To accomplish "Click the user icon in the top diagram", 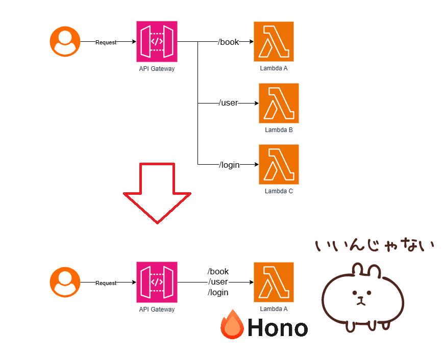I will coord(65,42).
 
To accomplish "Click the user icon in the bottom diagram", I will coord(65,282).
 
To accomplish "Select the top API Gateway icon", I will coord(157,41).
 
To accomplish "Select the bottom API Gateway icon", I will coord(157,282).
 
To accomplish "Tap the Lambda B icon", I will coord(279,104).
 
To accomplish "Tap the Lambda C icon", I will coord(279,165).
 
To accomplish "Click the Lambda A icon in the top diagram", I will coord(274,41).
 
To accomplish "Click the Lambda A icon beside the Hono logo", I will coord(274,282).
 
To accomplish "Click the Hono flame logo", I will coord(232,325).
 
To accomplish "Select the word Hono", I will coord(278,328).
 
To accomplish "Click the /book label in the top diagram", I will coord(229,42).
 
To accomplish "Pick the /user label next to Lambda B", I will coord(229,103).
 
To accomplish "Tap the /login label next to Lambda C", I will coord(230,164).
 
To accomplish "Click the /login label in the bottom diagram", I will coord(218,293).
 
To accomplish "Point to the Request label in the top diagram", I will coord(106,42).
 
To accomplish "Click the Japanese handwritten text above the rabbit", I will coord(375,246).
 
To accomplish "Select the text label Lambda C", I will coord(279,191).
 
